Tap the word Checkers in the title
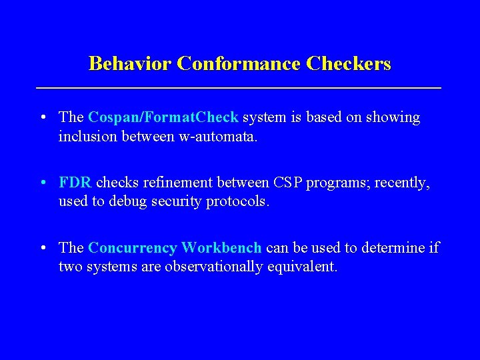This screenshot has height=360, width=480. (x=349, y=64)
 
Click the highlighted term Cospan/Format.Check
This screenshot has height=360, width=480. (x=163, y=118)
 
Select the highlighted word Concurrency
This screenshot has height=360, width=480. (x=132, y=249)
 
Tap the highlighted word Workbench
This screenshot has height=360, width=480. (x=221, y=249)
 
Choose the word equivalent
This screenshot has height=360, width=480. (x=304, y=267)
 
